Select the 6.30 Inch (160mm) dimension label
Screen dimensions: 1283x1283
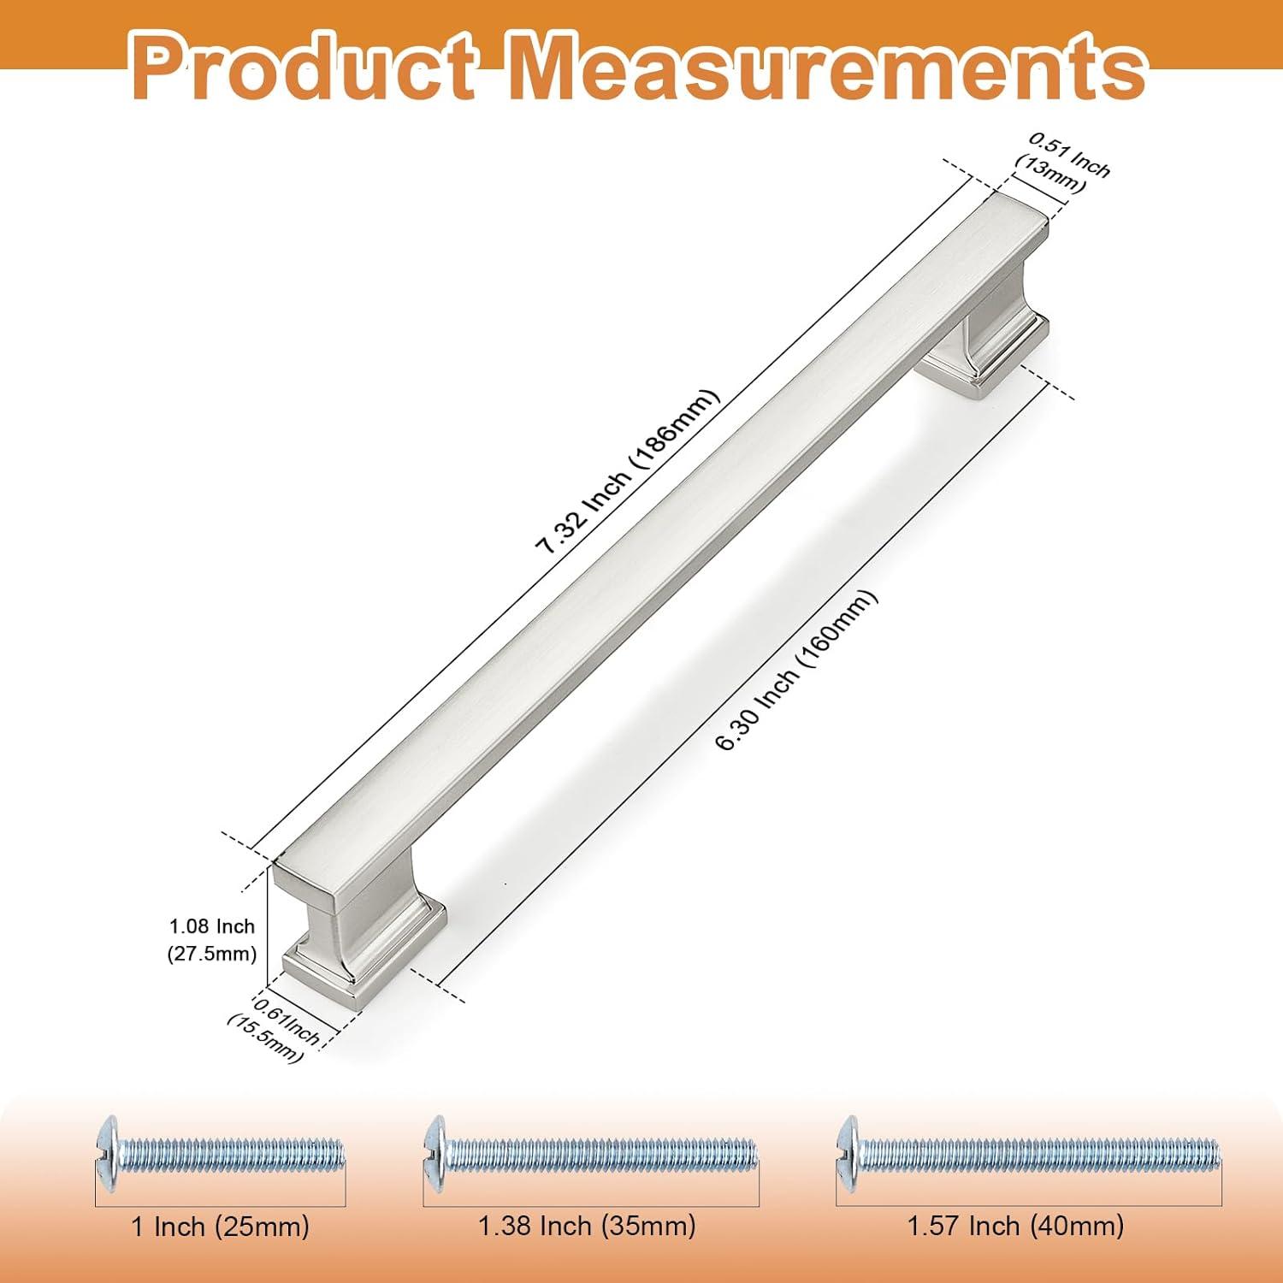coord(796,671)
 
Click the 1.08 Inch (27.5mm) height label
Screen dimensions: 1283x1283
coord(212,940)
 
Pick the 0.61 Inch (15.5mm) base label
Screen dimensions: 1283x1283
coord(275,1026)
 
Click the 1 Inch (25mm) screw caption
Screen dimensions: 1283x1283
coord(220,1227)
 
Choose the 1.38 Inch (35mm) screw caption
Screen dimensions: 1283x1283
coord(587,1226)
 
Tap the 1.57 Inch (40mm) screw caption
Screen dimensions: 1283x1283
coord(1015,1226)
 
